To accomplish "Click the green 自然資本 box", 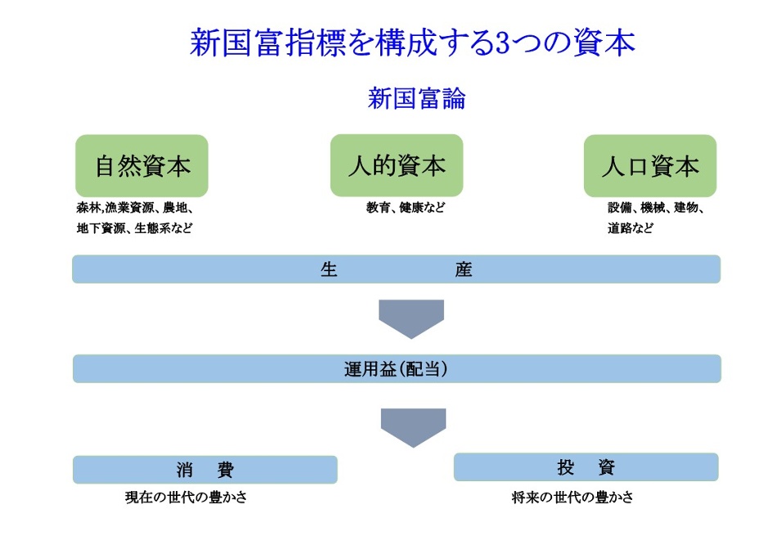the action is pyautogui.click(x=141, y=166).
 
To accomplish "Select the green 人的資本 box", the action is pyautogui.click(x=397, y=165).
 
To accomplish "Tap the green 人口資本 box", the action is pyautogui.click(x=650, y=166).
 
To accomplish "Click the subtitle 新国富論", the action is pyautogui.click(x=416, y=98).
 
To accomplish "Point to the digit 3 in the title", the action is pyautogui.click(x=501, y=43).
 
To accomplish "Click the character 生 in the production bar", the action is pyautogui.click(x=329, y=270).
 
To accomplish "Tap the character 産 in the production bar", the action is pyautogui.click(x=464, y=270).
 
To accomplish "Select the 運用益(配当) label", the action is pyautogui.click(x=396, y=369).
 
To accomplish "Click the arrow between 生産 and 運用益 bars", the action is pyautogui.click(x=411, y=319).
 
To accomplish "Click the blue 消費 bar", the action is pyautogui.click(x=205, y=469).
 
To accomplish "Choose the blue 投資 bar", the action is pyautogui.click(x=586, y=466).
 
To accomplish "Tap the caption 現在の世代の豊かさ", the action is pyautogui.click(x=186, y=497).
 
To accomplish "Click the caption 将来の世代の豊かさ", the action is pyautogui.click(x=573, y=497).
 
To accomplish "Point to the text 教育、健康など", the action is pyautogui.click(x=406, y=208).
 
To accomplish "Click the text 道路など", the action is pyautogui.click(x=631, y=228).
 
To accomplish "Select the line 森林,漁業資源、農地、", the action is pyautogui.click(x=135, y=208).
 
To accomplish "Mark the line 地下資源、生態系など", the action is pyautogui.click(x=134, y=228).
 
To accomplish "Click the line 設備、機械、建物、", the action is pyautogui.click(x=656, y=208).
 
